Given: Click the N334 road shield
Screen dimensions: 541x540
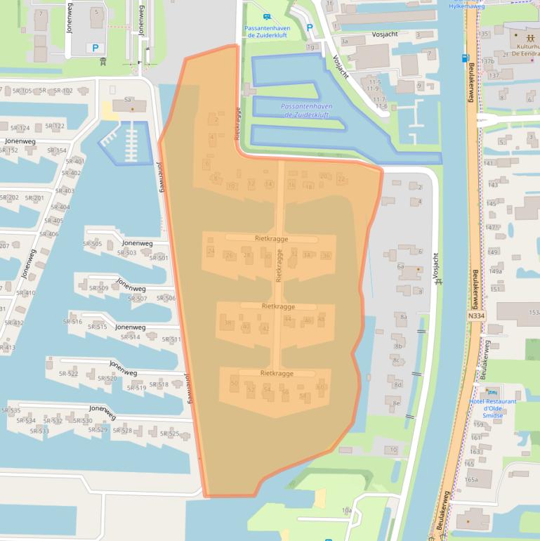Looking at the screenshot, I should click(476, 316).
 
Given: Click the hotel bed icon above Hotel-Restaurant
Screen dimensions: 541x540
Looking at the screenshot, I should click(492, 391).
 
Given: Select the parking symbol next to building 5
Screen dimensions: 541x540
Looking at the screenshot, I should click(96, 48).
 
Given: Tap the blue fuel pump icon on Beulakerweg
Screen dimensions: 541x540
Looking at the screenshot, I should click(465, 58).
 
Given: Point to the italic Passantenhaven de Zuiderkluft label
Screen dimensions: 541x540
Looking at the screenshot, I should click(305, 110).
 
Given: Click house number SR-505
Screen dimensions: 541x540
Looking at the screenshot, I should click(92, 245).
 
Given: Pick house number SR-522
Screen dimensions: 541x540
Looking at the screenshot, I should click(69, 373).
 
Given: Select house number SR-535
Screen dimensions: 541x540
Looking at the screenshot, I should click(11, 410).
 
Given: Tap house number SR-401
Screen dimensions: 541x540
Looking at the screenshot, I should click(74, 161).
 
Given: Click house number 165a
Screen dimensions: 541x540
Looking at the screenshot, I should click(471, 480).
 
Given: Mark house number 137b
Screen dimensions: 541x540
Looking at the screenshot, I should click(487, 61).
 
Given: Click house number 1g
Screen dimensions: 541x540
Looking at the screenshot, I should click(310, 46).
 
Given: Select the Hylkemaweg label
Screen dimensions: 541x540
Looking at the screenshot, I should click(467, 6).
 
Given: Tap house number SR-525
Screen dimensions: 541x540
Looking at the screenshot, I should click(169, 434).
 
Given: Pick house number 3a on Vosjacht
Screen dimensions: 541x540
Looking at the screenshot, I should click(344, 41).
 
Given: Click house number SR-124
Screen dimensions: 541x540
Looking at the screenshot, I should click(20, 128).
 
